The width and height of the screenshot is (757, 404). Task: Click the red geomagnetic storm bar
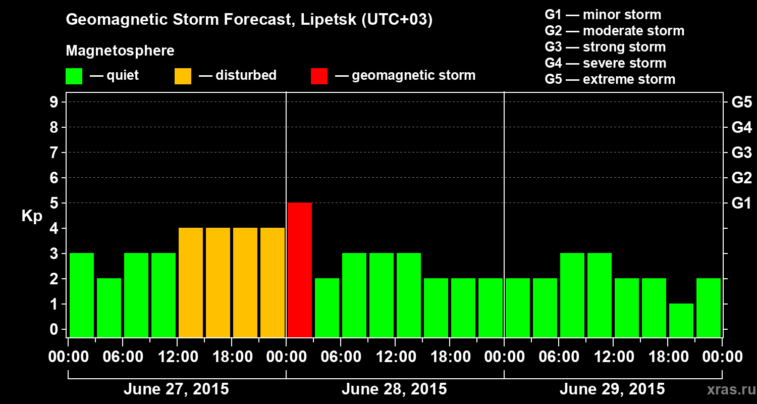coord(300,270)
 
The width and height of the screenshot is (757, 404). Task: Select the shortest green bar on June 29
coord(681,320)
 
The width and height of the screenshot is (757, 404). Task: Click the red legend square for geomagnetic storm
coord(319,76)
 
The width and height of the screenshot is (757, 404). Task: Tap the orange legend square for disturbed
coord(183,76)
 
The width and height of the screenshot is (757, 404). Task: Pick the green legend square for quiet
coord(74,76)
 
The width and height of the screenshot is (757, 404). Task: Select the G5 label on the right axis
coord(741,103)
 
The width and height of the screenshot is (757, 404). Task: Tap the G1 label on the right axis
coord(741,204)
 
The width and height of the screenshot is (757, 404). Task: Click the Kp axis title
coord(32,216)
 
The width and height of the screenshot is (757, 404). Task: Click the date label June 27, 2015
coord(176,389)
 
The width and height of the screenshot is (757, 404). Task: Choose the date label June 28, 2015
coord(394,389)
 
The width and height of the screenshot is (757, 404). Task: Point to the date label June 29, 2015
coord(612,389)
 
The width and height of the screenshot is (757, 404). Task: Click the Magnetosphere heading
coord(120,51)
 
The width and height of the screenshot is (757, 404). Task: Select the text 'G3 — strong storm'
coord(605,47)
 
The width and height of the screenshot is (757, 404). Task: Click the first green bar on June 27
coord(82,295)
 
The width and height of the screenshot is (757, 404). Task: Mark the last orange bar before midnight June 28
coord(273,282)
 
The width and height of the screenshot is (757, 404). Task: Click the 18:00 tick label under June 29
coord(667,357)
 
